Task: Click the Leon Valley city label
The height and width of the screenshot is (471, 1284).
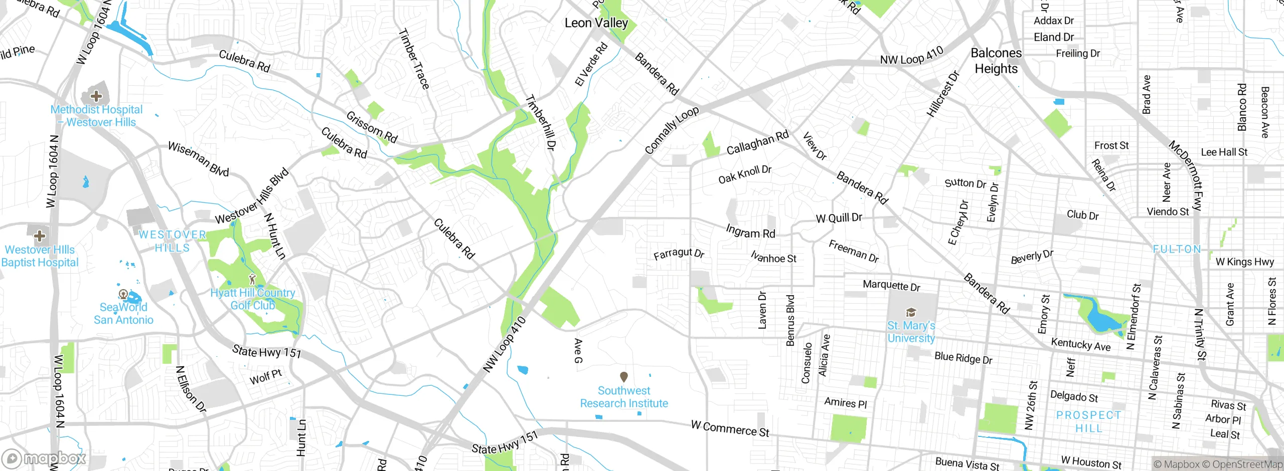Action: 596,23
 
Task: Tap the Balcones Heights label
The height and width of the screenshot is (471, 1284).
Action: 996,61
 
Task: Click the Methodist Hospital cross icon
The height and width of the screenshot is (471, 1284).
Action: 96,96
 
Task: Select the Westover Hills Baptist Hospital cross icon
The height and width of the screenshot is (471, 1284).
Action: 39,235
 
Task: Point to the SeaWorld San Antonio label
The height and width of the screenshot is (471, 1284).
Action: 123,313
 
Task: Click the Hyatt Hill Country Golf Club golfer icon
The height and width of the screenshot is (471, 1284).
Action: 252,279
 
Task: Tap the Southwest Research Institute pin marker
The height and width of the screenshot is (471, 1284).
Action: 624,376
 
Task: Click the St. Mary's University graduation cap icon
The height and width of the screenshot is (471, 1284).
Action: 911,313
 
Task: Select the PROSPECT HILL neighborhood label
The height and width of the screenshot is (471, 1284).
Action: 1088,421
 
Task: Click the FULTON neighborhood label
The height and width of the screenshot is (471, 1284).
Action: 1177,249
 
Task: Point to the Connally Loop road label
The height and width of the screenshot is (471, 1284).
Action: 671,130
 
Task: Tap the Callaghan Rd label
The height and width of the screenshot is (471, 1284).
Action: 757,142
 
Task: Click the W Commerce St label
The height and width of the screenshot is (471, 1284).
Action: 730,428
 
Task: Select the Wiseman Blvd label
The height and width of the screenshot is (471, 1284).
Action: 198,159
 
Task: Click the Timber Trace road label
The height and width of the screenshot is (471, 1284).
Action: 414,59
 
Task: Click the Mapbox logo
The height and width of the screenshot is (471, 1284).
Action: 44,458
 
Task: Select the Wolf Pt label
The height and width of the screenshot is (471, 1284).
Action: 266,376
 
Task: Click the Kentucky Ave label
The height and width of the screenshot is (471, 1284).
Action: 1080,345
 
